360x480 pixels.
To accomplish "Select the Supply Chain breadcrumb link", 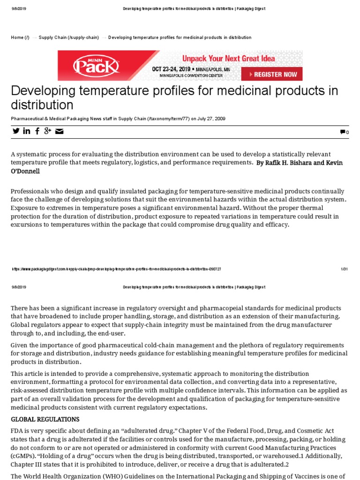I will tap(68, 37).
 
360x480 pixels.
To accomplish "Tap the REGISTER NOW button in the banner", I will tap(272, 74).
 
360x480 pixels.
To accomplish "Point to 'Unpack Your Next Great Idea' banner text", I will tap(228, 59).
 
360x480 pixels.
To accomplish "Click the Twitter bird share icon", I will tap(16, 131).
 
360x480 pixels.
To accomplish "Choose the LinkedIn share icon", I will tap(27, 131).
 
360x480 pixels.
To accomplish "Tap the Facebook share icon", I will tap(37, 131).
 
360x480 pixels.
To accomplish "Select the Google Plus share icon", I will tap(47, 131).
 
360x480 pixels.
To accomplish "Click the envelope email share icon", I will tap(59, 131).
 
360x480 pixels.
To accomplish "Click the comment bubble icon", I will tap(343, 133).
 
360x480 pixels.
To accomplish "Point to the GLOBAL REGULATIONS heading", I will tap(45, 419).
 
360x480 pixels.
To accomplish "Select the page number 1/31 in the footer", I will tap(344, 269).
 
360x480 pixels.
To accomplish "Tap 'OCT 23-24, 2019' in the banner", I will tap(171, 69).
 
